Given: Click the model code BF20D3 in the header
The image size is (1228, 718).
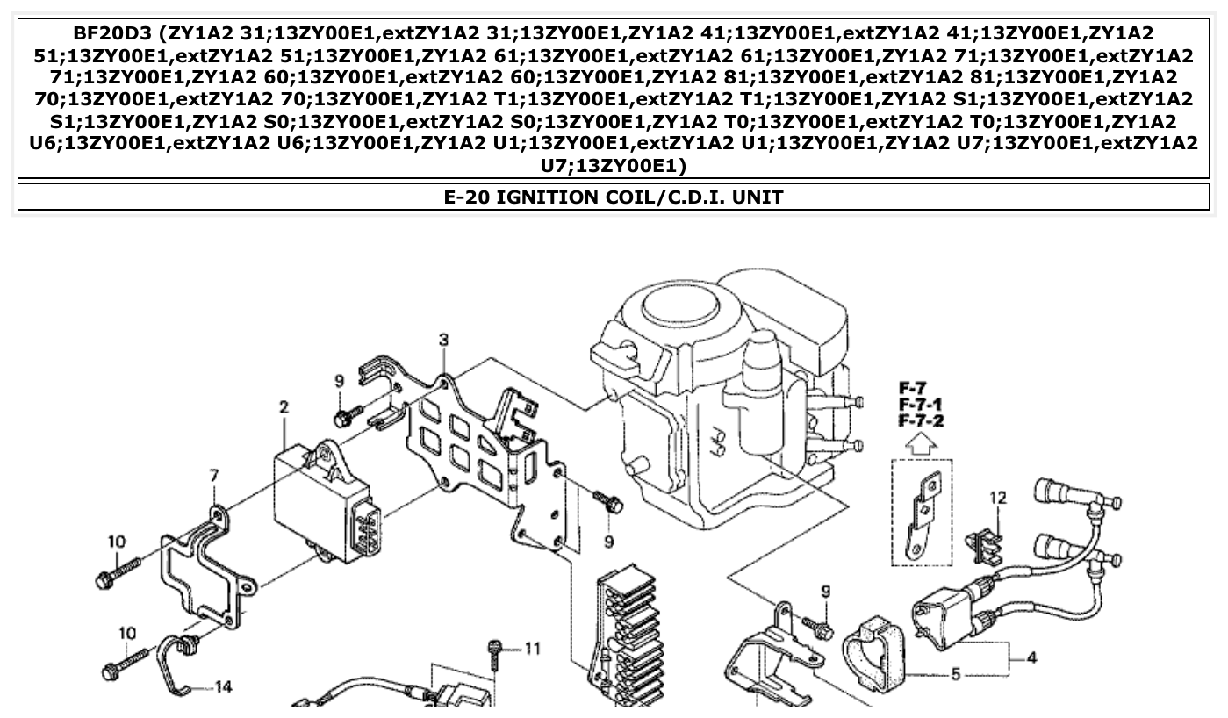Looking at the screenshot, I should point(104,34).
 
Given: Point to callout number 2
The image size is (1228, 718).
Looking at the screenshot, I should point(284,407).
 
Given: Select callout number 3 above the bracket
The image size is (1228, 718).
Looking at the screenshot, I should point(443,339).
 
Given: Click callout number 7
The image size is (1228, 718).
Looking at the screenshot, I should point(213,476).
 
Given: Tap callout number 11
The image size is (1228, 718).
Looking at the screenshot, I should point(533,649).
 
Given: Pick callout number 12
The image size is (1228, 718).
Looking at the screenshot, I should point(998,498).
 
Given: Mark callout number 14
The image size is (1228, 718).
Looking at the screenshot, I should point(224,686).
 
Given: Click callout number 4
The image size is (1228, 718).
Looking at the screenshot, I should point(1031,657).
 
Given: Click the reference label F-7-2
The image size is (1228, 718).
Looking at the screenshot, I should point(921,421).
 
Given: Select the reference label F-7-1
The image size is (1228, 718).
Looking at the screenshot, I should point(921,405).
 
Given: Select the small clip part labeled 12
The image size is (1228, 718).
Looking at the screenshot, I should point(983,542).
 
